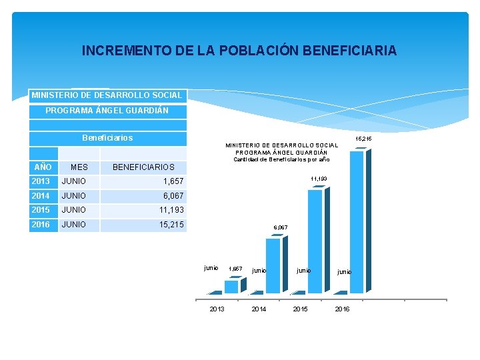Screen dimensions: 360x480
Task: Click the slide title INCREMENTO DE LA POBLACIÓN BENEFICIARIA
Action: [x=239, y=51]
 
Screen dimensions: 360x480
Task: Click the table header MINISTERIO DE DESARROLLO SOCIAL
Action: [x=107, y=95]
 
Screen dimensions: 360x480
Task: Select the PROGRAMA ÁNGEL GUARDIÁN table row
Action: [x=107, y=110]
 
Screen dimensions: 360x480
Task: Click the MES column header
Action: [x=79, y=167]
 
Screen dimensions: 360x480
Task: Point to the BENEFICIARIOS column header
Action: [x=143, y=167]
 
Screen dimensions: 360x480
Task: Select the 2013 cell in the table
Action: [x=41, y=181]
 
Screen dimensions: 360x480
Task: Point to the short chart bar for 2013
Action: [x=231, y=286]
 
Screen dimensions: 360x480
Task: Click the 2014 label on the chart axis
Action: [x=259, y=309]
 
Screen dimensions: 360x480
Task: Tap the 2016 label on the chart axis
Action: [x=342, y=309]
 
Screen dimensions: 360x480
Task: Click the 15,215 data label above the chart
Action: [x=363, y=139]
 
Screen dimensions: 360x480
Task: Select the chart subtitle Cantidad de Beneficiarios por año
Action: [x=281, y=159]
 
